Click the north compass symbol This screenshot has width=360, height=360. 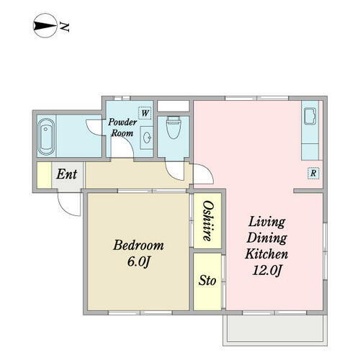tap(45, 26)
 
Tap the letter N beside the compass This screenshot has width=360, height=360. tap(64, 27)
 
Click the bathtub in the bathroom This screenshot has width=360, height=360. tap(46, 137)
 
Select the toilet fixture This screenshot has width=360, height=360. tap(174, 127)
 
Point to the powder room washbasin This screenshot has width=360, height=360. tap(147, 138)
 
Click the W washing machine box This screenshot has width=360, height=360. tap(145, 113)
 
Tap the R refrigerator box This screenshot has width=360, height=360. tap(313, 173)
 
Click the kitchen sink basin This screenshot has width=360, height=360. tap(310, 117)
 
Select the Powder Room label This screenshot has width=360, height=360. tap(122, 127)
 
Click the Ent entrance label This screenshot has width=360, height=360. tap(67, 174)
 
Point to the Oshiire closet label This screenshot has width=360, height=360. tap(208, 220)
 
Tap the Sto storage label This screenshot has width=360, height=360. tap(207, 280)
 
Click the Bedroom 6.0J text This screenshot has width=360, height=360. tap(138, 253)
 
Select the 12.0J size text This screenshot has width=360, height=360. tap(266, 271)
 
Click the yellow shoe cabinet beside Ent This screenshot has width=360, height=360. tap(44, 175)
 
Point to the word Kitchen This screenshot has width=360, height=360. tap(266, 254)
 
